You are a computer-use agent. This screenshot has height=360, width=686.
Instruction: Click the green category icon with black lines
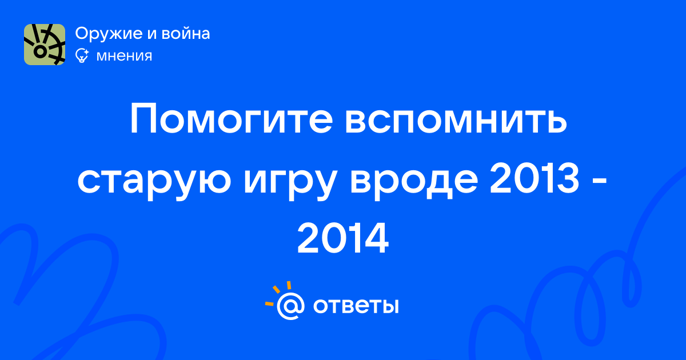45,45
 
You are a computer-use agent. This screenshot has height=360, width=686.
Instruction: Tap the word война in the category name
186,33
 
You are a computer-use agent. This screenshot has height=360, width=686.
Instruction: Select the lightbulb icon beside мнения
82,55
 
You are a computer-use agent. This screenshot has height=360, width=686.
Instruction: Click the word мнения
124,57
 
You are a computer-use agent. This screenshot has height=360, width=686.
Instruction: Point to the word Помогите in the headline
232,119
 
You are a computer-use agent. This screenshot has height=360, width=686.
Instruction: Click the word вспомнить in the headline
456,119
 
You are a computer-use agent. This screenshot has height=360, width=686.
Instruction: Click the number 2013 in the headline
535,178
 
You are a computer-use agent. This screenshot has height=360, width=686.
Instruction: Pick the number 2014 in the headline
343,238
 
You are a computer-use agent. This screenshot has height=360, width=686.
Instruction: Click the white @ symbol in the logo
290,306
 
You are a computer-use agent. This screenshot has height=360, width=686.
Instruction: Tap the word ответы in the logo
356,306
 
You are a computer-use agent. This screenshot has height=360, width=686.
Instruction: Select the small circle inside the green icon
40,51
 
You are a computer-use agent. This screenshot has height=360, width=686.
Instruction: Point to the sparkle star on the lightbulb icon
86,52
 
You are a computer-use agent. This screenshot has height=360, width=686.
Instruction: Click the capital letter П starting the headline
144,119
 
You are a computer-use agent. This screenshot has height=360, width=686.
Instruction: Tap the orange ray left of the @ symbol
269,304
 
